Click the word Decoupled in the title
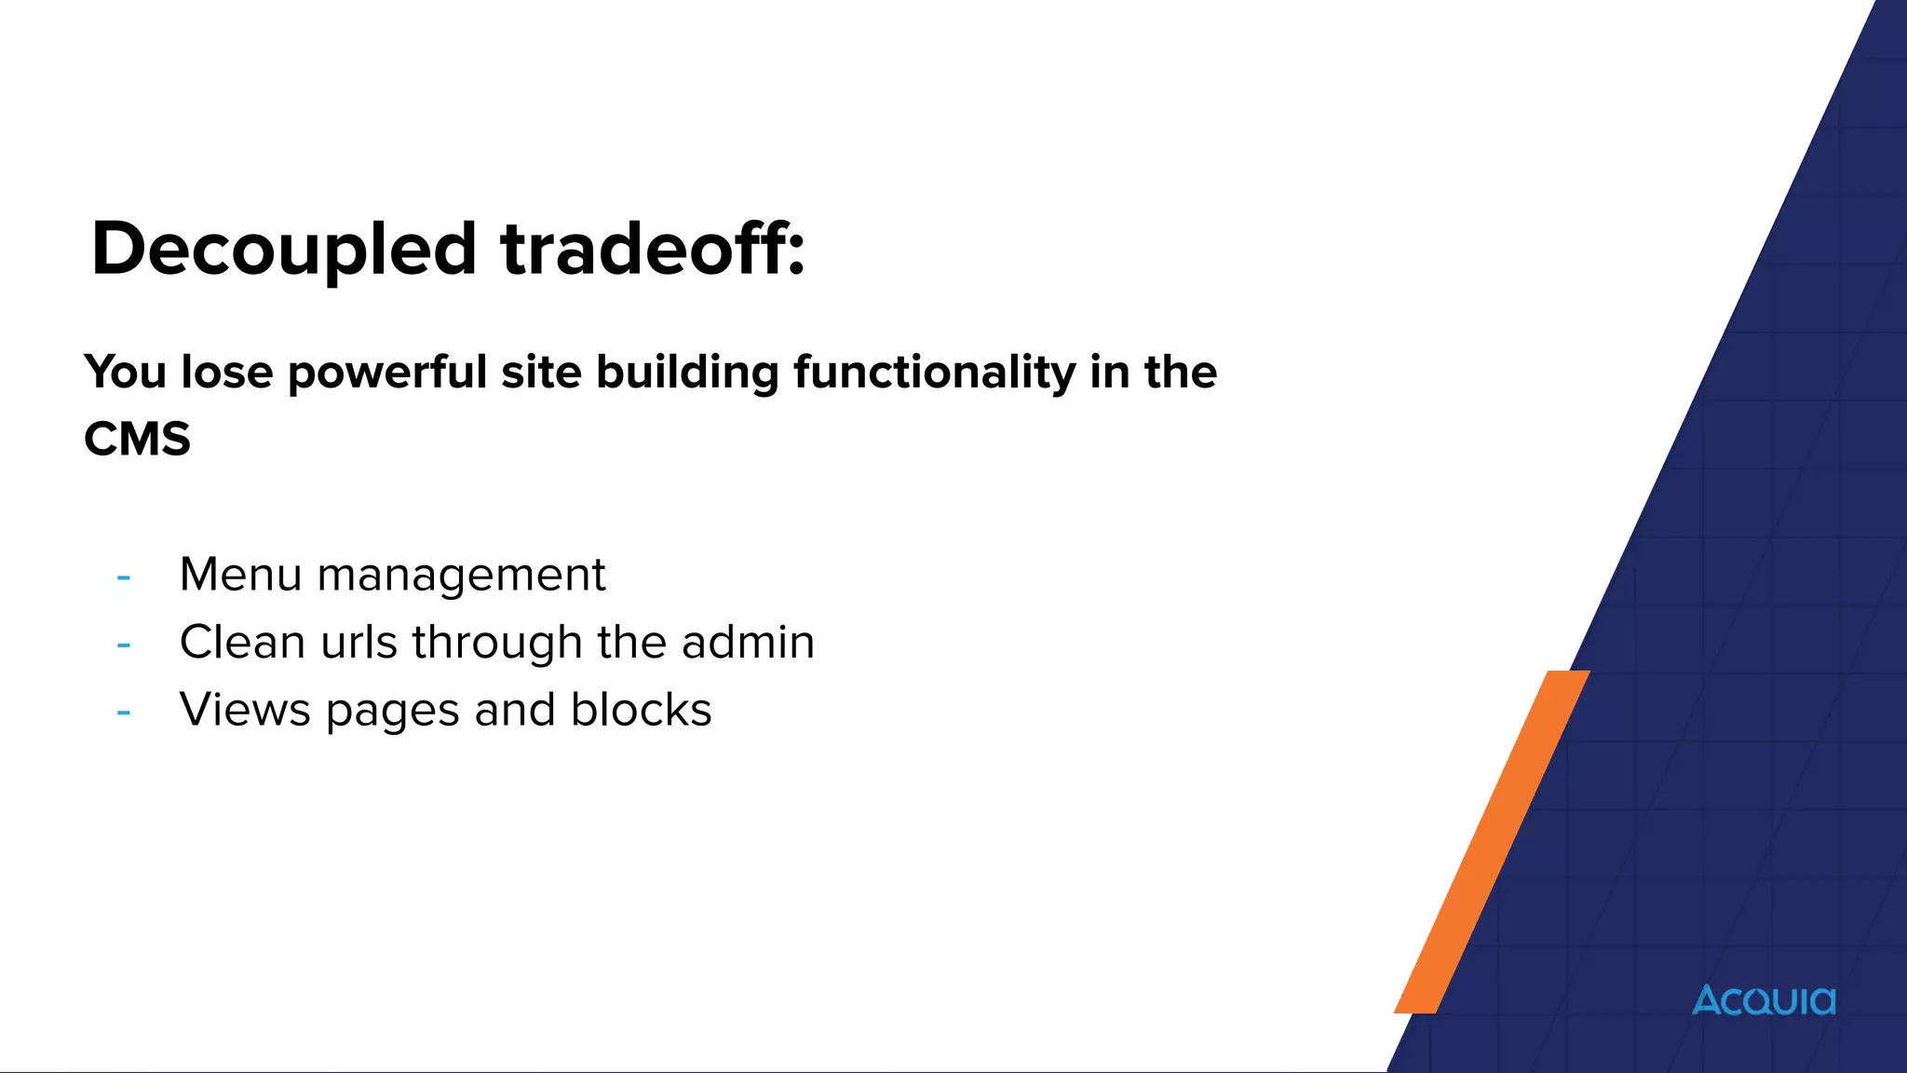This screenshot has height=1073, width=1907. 284,250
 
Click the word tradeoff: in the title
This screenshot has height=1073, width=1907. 652,250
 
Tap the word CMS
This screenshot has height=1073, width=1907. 137,439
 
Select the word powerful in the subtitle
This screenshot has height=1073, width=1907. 387,373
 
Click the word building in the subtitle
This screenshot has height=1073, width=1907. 686,373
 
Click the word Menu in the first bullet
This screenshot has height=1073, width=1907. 240,574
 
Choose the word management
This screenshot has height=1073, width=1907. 461,576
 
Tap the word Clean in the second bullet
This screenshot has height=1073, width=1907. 242,642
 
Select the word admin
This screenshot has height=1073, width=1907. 748,642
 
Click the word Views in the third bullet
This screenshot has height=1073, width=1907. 245,710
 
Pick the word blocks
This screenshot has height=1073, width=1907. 641,710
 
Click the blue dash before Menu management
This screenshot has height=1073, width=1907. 123,577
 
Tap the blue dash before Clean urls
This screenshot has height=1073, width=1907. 123,645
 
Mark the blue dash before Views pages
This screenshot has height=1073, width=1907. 123,713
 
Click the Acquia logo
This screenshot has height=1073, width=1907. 1764,1000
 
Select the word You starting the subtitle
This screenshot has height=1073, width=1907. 126,373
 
